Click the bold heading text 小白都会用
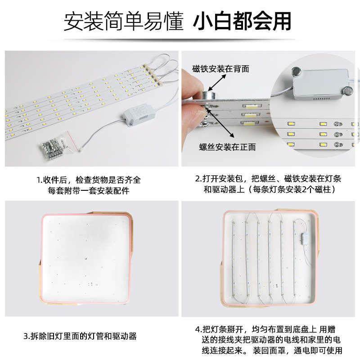click(x=242, y=22)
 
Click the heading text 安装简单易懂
click(x=124, y=22)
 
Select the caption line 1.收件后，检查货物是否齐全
click(x=89, y=179)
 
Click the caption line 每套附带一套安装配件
click(x=89, y=190)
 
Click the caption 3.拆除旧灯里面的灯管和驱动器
click(x=80, y=336)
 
